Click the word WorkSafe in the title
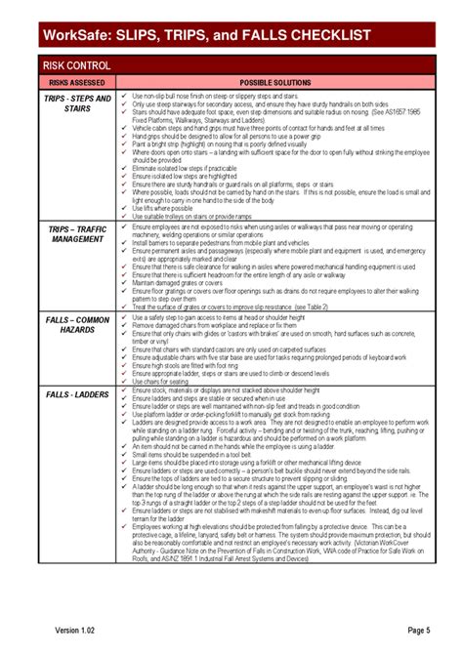tap(74, 36)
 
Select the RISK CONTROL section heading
tap(75, 64)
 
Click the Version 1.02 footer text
tap(78, 629)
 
